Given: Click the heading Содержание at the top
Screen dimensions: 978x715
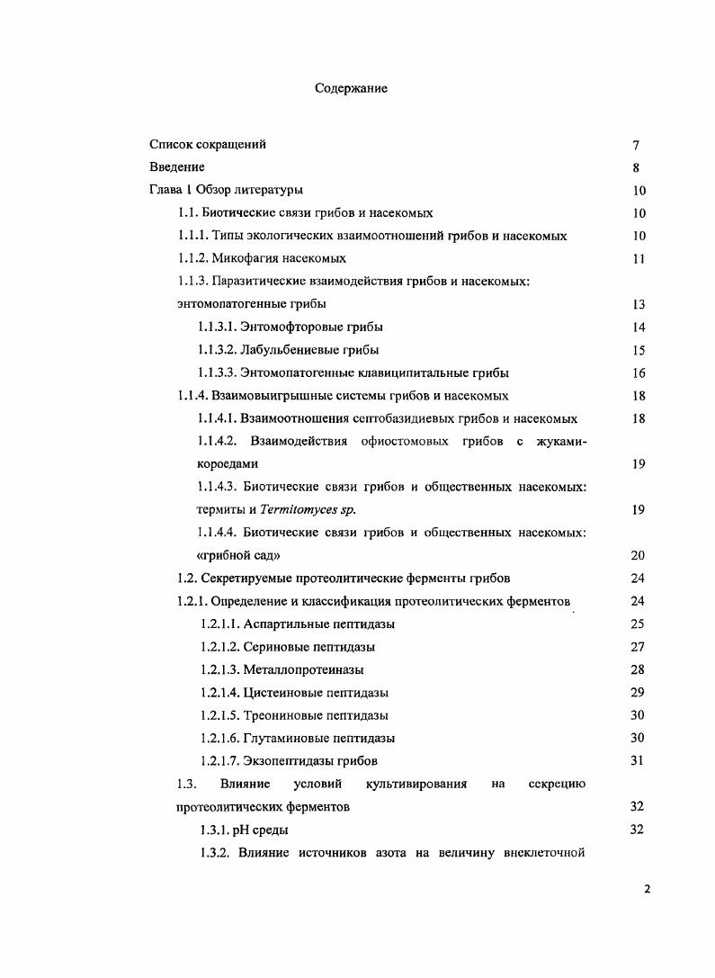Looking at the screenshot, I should click(x=351, y=88).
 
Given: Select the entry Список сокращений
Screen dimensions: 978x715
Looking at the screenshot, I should click(x=208, y=144).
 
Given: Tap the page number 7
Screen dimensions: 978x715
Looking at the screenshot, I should click(x=636, y=145).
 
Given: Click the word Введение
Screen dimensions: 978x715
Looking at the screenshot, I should click(x=177, y=166).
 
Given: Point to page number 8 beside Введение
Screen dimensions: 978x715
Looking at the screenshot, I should click(x=636, y=167).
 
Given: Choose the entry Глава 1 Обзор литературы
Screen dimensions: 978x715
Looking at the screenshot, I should click(x=226, y=190).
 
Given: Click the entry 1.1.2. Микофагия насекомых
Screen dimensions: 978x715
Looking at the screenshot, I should click(x=262, y=258).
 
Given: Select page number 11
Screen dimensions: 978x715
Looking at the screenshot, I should click(x=639, y=258).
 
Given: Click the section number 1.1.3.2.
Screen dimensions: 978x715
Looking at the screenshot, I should click(x=219, y=349).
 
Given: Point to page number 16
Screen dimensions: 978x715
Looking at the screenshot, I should click(x=639, y=372).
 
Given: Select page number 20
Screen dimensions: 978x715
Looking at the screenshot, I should click(x=639, y=555).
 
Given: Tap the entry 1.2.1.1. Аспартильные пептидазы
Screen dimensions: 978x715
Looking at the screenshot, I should click(x=296, y=624).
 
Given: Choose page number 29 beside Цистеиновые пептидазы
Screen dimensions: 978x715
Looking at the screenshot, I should click(x=639, y=693).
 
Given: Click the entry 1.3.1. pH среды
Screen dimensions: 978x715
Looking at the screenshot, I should click(x=244, y=830).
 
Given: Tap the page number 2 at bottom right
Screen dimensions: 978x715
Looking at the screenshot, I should click(x=647, y=889).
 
